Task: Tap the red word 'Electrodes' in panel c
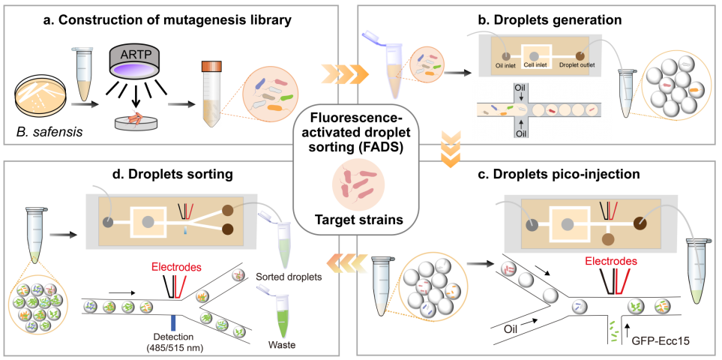point(608,262)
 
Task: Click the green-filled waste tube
point(281,314)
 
